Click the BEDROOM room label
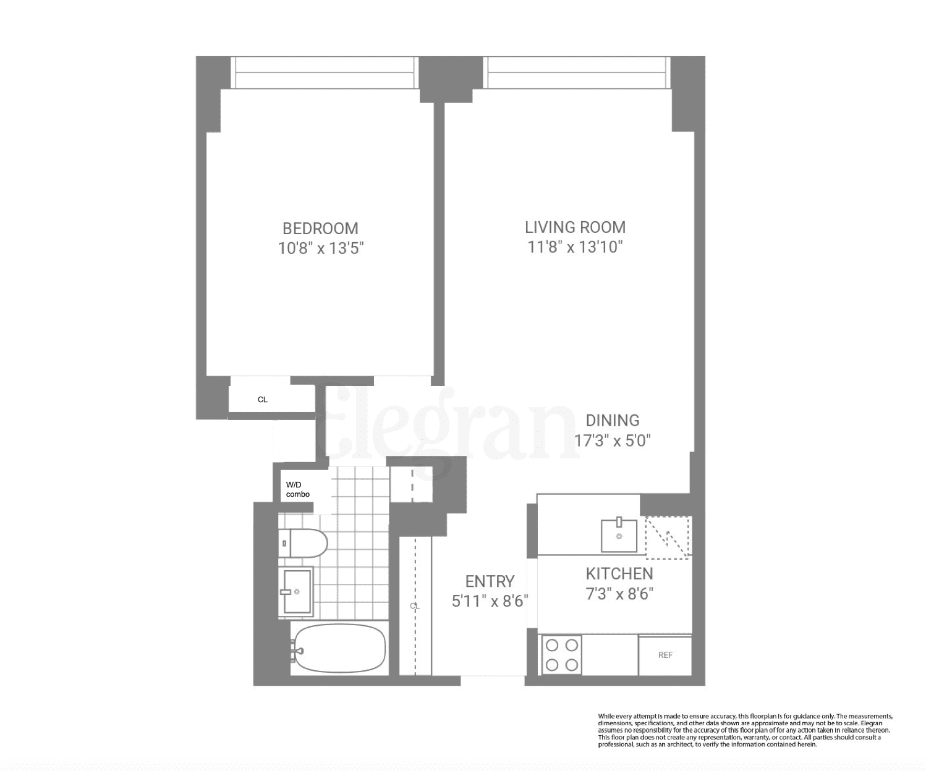pyautogui.click(x=320, y=229)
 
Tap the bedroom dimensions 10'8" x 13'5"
pyautogui.click(x=320, y=249)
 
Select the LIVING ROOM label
pyautogui.click(x=575, y=227)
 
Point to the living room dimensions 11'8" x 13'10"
pyautogui.click(x=575, y=247)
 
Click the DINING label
pyautogui.click(x=612, y=421)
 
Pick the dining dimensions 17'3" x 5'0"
pyautogui.click(x=612, y=441)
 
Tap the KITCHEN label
pyautogui.click(x=619, y=574)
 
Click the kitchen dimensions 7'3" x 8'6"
pyautogui.click(x=619, y=594)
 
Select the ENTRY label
pyautogui.click(x=490, y=581)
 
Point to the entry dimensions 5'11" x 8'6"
pyautogui.click(x=490, y=601)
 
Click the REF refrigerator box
pyautogui.click(x=665, y=655)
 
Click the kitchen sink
pyautogui.click(x=619, y=535)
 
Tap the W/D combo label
pyautogui.click(x=298, y=490)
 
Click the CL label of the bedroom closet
pyautogui.click(x=263, y=400)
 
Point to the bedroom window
pyautogui.click(x=325, y=72)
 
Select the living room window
pyautogui.click(x=577, y=72)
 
